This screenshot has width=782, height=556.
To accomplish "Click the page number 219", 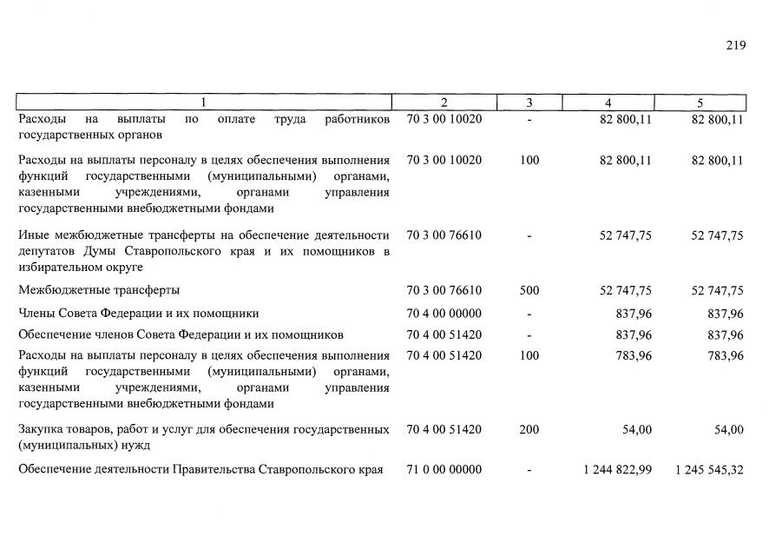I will (735, 45).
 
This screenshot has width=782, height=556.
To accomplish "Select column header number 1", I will (204, 103).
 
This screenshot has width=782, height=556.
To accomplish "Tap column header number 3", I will (529, 103).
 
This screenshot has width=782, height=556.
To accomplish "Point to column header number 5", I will (700, 103).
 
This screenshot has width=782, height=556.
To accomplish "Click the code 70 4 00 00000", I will (444, 313).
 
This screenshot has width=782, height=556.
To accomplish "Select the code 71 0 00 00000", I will (444, 470).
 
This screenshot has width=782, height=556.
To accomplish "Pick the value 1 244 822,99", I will (618, 470).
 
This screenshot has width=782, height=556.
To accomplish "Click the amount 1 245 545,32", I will (709, 470).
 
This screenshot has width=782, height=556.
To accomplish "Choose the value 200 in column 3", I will (529, 429).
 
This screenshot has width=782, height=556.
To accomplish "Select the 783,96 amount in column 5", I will (724, 355).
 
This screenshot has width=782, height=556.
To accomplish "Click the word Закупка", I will (41, 429).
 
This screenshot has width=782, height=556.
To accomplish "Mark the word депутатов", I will (48, 251).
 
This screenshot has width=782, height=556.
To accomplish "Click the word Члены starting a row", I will (37, 313).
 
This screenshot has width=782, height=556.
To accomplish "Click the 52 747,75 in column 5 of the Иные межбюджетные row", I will (717, 235).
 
